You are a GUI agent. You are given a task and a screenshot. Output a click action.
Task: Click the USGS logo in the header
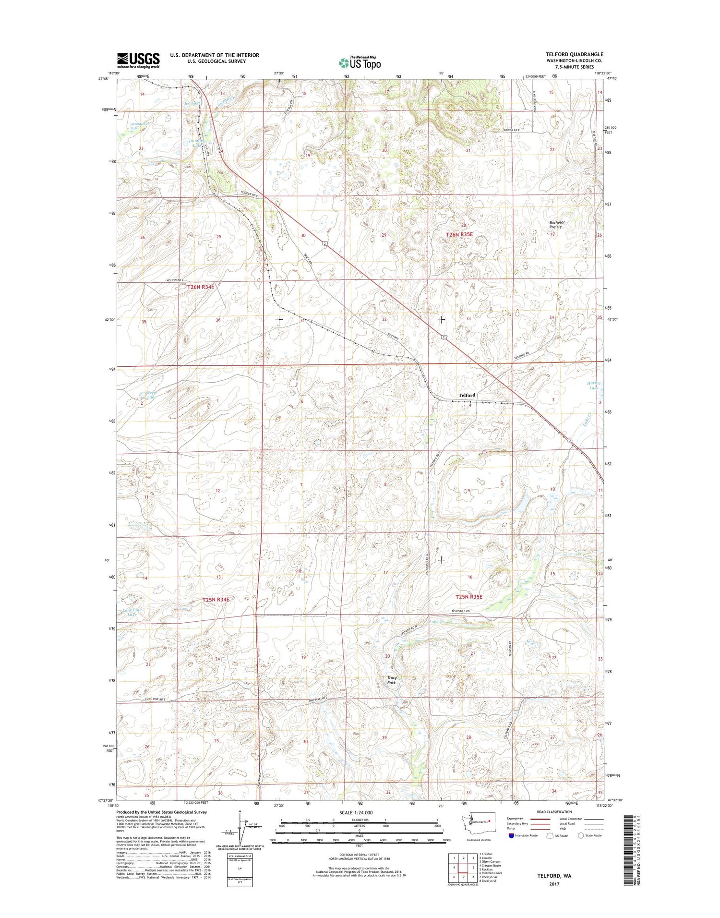[138, 60]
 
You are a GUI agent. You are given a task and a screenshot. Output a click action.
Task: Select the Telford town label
[467, 395]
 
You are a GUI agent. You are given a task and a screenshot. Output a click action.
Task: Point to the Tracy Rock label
[392, 680]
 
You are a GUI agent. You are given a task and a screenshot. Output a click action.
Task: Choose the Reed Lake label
[151, 395]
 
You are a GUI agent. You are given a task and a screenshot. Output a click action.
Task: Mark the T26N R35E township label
[459, 234]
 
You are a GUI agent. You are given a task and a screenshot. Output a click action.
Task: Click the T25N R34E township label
[216, 600]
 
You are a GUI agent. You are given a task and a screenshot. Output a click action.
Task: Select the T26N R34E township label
[200, 287]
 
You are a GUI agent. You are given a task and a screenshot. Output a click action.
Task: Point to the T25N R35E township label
[468, 597]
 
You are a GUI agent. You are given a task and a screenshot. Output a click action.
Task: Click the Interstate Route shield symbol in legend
[511, 835]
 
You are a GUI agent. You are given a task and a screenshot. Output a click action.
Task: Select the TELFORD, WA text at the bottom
[554, 876]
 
